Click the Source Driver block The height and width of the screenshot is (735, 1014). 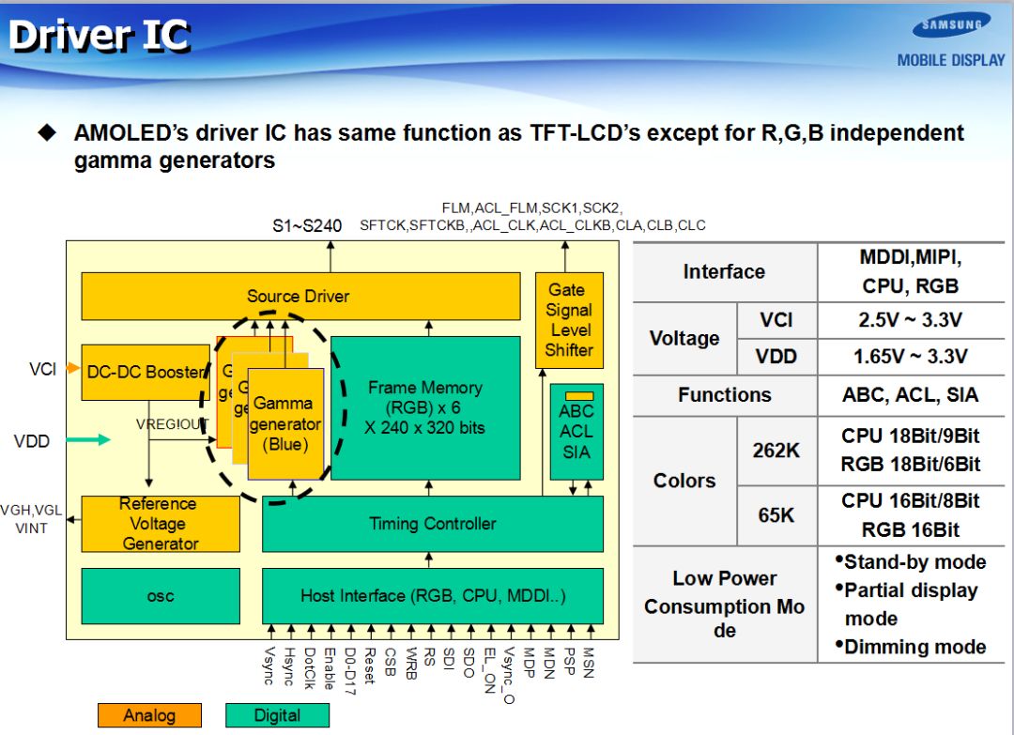pos(300,297)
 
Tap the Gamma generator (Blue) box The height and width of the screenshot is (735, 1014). pos(285,424)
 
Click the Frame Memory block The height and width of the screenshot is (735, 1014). pos(425,407)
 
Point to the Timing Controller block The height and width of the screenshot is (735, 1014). pos(432,524)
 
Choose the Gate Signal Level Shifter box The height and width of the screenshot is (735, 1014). pos(569,320)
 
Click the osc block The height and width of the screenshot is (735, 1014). pos(160,596)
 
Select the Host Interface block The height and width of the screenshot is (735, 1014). pos(432,596)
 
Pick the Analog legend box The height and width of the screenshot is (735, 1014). pos(148,715)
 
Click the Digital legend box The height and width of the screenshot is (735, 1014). pos(277,715)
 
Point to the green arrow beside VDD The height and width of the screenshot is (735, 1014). pos(90,440)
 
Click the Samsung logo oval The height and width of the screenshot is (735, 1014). pos(951,25)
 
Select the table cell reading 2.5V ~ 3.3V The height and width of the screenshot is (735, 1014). pos(910,320)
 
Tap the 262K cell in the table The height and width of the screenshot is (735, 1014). pos(776,451)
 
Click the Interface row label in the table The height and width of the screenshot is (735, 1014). pos(723,272)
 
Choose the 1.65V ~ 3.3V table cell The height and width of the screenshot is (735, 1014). pos(910,357)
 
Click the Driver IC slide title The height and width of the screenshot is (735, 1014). pos(100,37)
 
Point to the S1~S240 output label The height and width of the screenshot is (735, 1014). pos(307,225)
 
